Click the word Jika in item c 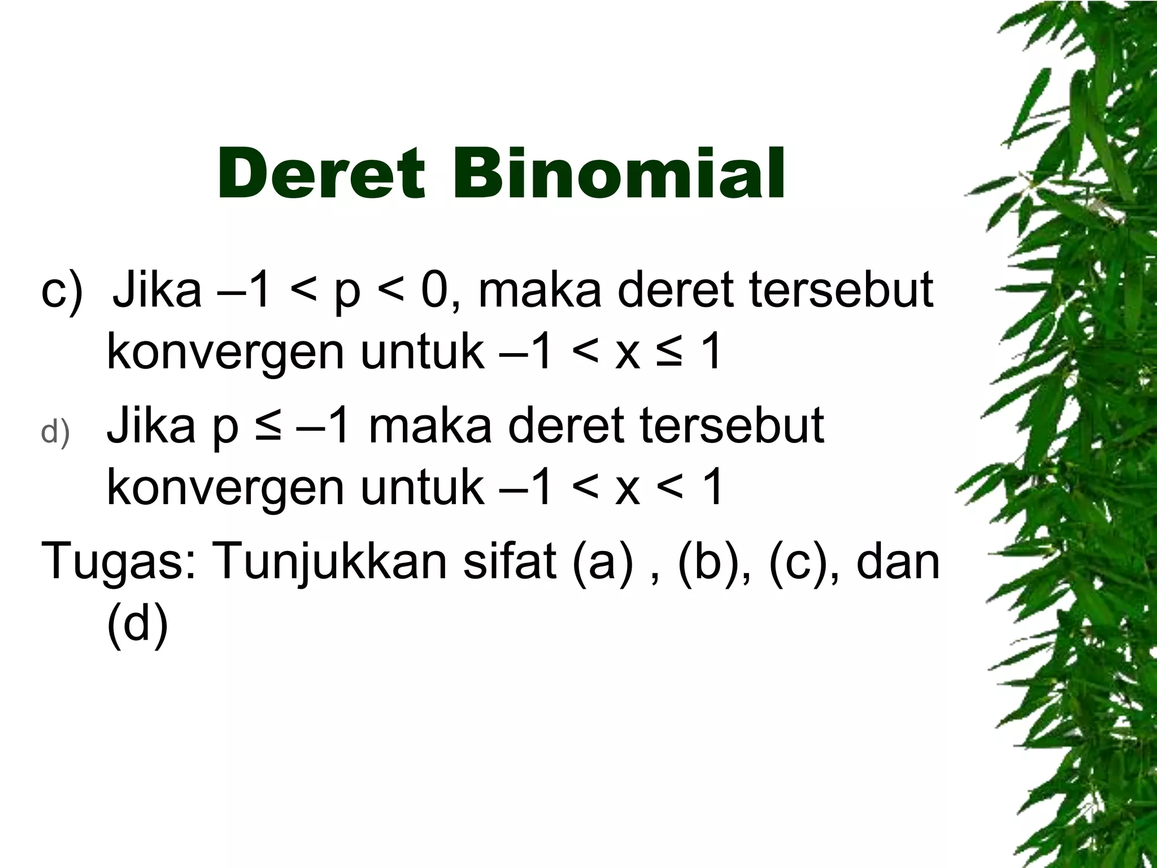tap(157, 290)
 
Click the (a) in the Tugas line tap(603, 562)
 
